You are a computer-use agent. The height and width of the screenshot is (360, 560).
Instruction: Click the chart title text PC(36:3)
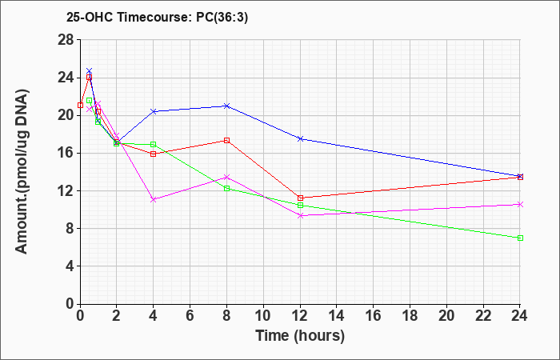(222, 18)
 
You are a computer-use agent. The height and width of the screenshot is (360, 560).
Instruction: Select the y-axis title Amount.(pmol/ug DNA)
(22, 171)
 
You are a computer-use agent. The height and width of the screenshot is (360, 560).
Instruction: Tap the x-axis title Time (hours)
(300, 336)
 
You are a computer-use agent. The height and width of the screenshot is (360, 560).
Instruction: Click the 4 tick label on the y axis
(70, 266)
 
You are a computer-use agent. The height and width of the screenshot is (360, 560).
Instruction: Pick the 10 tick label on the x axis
(263, 316)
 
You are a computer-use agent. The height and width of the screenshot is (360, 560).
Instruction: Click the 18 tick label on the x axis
(410, 316)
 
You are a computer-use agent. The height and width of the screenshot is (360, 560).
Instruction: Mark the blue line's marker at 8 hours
(226, 106)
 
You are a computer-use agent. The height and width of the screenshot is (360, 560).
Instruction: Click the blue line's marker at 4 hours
(154, 111)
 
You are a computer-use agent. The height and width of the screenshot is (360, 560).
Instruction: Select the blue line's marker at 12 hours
(300, 139)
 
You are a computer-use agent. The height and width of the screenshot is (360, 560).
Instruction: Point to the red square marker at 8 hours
(226, 140)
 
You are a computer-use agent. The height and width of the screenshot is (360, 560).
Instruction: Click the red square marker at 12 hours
(300, 198)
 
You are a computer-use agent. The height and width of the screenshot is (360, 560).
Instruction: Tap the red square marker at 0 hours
(80, 105)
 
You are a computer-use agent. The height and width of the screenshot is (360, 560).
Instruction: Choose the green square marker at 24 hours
(520, 238)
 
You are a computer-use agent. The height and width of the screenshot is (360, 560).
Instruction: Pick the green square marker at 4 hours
(154, 144)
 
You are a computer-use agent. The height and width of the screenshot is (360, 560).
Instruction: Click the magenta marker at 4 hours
(154, 200)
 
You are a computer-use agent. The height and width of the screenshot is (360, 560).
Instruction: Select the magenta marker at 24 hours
(520, 204)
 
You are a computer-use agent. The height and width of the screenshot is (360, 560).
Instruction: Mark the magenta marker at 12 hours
(300, 216)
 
